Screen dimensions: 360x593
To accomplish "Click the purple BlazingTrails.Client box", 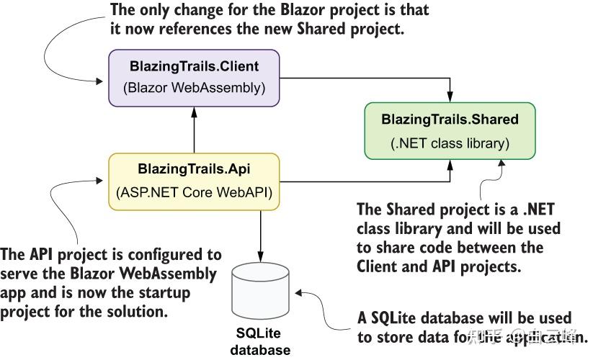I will tap(193, 78).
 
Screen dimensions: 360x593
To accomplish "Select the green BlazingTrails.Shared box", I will tap(450, 130).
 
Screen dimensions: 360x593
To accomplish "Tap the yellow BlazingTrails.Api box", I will tap(193, 181).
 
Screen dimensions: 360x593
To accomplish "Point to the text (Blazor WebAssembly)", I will tap(194, 89).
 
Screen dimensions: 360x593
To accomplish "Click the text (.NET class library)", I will tap(450, 143).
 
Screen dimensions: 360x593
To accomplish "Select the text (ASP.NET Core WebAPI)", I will tap(193, 193).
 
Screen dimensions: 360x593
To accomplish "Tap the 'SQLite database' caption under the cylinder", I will tap(259, 342).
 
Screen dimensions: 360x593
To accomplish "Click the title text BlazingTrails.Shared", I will tap(450, 119).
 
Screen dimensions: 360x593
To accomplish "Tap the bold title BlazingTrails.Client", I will tap(194, 66).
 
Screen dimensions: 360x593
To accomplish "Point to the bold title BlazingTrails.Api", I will tap(193, 169).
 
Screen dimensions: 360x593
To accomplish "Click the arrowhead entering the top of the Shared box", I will tap(450, 97).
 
